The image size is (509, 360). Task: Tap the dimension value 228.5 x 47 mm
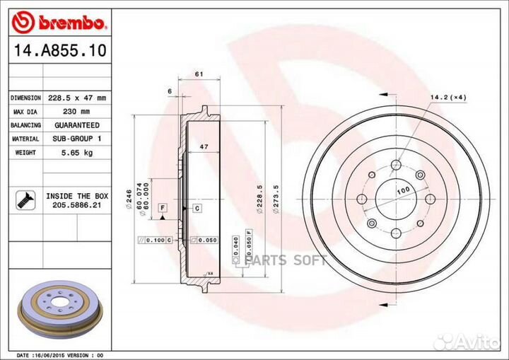coord(76,98)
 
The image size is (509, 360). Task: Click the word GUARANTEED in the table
coord(76,125)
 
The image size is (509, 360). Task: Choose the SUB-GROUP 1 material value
coord(76,139)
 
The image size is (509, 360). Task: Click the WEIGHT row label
coord(25,152)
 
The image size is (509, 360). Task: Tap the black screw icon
coord(25,199)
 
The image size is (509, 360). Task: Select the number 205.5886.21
coord(76,204)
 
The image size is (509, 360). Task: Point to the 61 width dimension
coord(199,74)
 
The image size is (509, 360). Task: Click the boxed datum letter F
coord(162,207)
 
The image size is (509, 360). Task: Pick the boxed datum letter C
coord(197,207)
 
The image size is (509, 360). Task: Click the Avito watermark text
coord(474,342)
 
